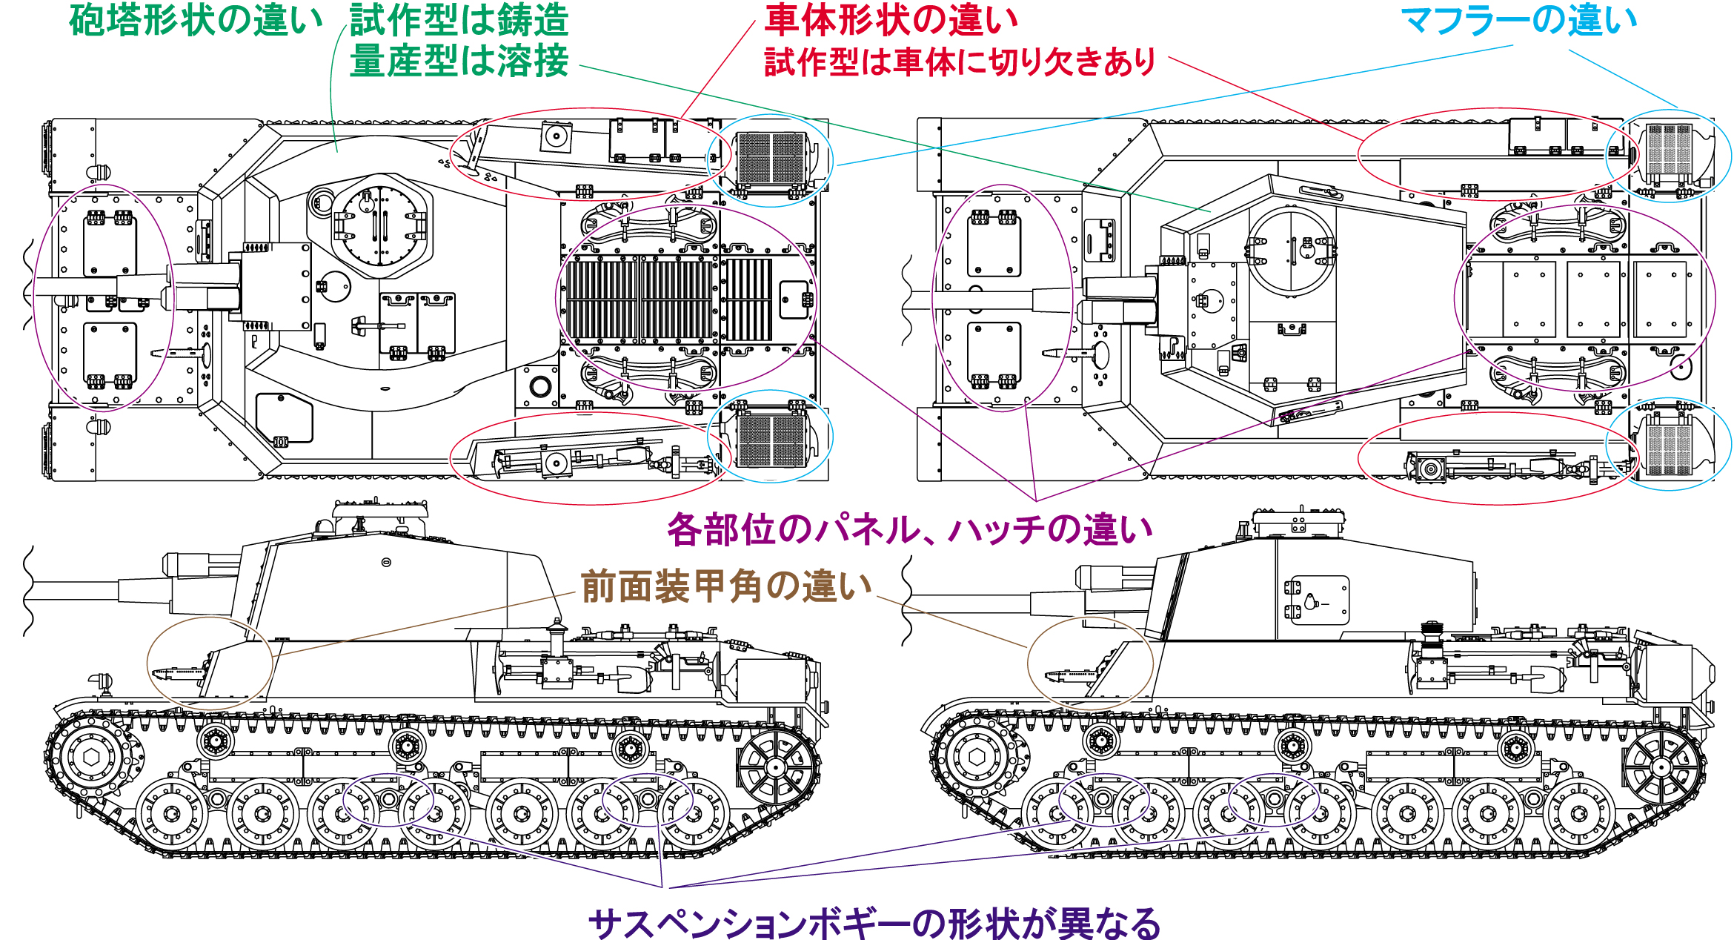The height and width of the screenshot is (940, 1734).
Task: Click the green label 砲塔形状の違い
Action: point(196,21)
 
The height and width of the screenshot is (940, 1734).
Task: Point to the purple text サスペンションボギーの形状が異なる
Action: point(874,923)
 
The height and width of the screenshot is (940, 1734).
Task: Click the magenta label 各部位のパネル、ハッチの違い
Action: point(909,530)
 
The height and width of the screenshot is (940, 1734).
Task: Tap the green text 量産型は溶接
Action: point(459,61)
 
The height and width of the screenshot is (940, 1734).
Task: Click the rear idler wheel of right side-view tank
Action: point(1660,768)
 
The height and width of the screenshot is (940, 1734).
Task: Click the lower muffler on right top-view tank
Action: point(1670,445)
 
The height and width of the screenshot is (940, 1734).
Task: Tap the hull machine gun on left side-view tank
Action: point(178,673)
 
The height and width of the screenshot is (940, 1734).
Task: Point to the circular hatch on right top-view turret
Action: point(1292,249)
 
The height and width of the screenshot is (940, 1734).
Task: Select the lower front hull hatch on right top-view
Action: point(994,354)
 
